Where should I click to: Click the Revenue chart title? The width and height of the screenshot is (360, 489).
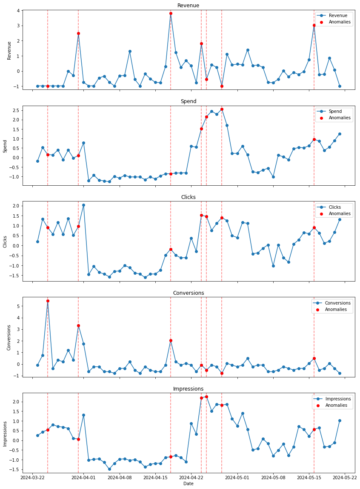tap(188, 6)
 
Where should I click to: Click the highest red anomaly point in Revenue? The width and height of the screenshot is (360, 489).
tap(171, 13)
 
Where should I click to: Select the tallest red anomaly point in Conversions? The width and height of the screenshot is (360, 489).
tap(48, 301)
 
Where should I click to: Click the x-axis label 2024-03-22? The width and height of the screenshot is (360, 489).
tap(33, 478)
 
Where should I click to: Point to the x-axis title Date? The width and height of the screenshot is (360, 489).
tap(188, 484)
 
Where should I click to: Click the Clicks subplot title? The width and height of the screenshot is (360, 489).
tap(188, 197)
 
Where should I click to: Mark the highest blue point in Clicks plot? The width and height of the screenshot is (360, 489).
tap(83, 205)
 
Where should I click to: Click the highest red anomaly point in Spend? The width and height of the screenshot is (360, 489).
tap(222, 109)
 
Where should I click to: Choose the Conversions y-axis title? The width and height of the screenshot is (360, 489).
tap(9, 337)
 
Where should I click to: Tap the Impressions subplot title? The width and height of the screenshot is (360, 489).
tap(188, 389)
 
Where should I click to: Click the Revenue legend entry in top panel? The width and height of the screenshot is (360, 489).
tap(338, 16)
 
